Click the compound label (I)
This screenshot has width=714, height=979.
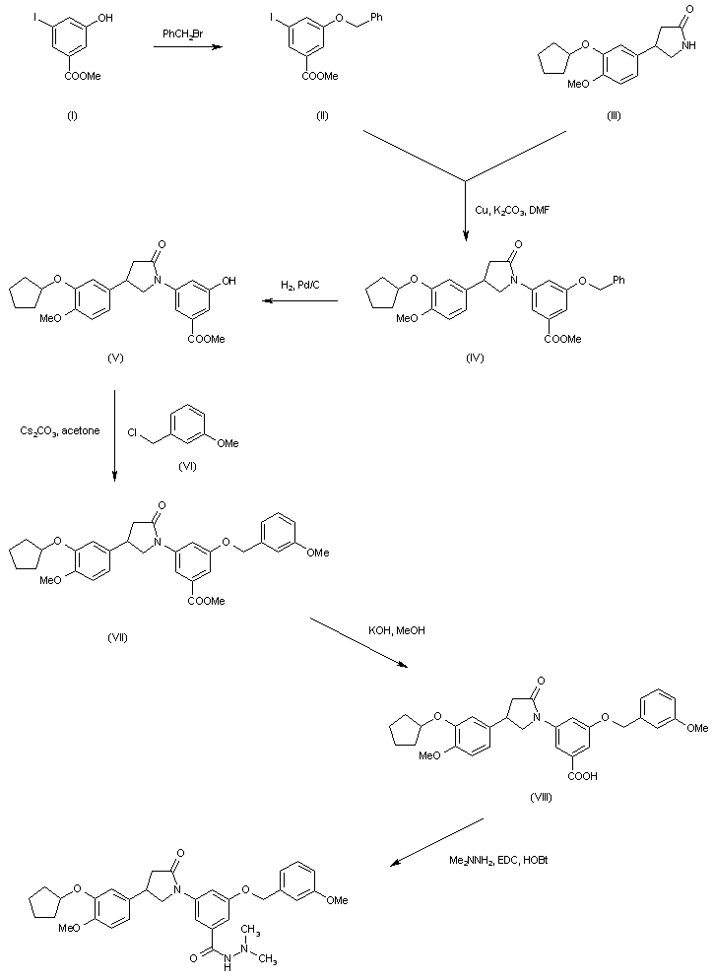(71, 116)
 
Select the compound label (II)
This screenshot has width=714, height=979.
(321, 116)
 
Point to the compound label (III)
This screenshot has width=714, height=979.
(615, 116)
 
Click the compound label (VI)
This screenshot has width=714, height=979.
(187, 466)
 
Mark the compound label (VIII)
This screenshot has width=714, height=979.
(539, 797)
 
